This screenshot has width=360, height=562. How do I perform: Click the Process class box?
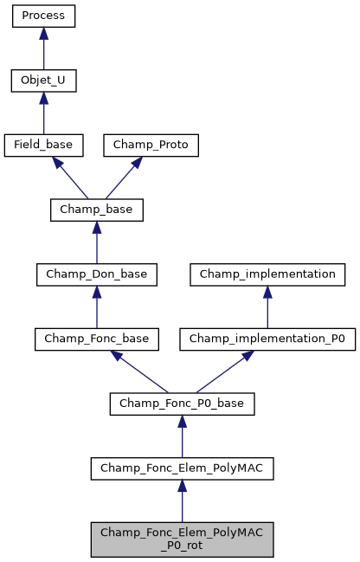43,16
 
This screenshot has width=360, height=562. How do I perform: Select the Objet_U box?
43,81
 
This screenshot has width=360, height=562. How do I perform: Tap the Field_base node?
43,145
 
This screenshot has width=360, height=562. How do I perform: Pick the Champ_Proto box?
151,145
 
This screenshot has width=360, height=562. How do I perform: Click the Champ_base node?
96,210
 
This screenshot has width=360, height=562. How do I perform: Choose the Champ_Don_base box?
96,275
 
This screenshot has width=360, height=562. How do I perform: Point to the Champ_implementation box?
267,275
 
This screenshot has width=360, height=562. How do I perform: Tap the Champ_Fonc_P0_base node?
182,404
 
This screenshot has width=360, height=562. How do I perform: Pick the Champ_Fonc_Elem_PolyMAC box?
182,468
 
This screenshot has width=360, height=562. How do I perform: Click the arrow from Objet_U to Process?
43,48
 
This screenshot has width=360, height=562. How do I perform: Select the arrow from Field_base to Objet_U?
43,113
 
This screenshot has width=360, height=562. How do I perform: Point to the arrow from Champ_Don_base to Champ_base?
96,242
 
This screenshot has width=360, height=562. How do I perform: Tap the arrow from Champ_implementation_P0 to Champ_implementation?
267,307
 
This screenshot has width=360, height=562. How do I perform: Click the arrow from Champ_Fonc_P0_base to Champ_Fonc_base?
138,371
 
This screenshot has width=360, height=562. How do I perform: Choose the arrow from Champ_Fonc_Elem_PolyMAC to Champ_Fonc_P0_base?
182,436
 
